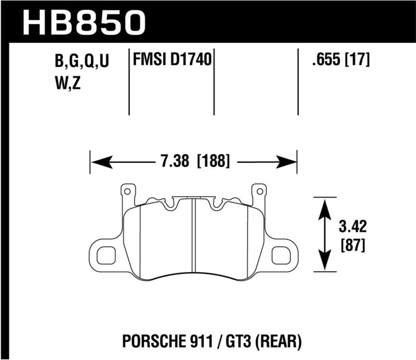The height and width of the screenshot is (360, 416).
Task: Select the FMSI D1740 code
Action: tap(172, 61)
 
